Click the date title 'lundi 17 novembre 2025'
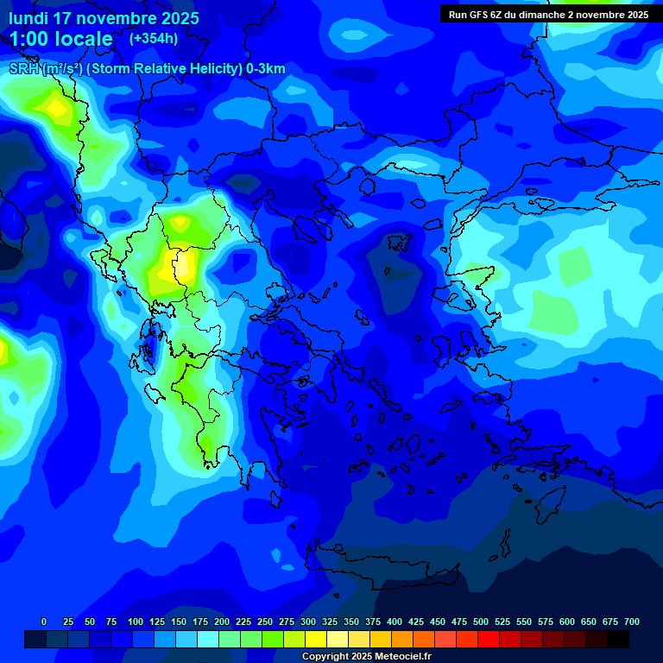[104, 18]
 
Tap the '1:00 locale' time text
[61, 39]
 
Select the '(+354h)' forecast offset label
[154, 39]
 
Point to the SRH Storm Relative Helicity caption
[147, 69]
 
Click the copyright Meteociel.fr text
[366, 657]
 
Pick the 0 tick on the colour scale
[44, 622]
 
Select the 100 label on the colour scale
[136, 622]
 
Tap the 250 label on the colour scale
[265, 622]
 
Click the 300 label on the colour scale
[308, 622]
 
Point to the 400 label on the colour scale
[395, 622]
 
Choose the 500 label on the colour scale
[481, 622]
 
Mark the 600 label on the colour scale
[567, 622]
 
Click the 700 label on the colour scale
[632, 622]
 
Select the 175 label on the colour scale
[200, 622]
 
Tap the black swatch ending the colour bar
[618, 639]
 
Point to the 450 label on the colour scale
[438, 622]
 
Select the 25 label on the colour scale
[67, 622]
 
